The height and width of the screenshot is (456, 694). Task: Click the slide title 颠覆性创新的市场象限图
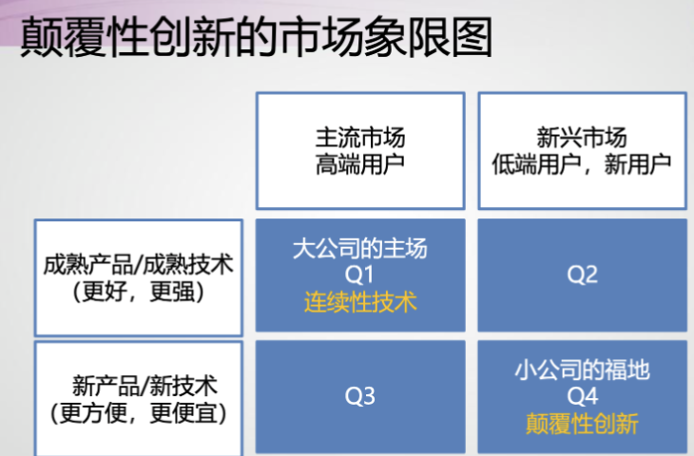tap(257, 37)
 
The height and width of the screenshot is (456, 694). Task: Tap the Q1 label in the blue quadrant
tap(359, 275)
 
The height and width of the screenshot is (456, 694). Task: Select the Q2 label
tap(583, 275)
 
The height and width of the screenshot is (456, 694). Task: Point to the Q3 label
tap(360, 396)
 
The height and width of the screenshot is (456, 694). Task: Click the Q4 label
tap(583, 396)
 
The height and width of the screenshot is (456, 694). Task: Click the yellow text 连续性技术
tap(360, 302)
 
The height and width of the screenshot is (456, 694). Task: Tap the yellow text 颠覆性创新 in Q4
tap(582, 424)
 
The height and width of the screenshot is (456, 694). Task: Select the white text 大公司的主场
tap(360, 248)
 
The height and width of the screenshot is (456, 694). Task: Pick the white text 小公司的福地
tap(583, 370)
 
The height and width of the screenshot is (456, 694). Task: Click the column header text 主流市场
tap(360, 138)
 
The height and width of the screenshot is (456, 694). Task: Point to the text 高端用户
tap(360, 164)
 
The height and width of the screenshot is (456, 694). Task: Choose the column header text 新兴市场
tap(582, 138)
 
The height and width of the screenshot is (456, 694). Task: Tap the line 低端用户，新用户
tap(582, 164)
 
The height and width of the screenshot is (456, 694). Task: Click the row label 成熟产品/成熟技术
tap(139, 264)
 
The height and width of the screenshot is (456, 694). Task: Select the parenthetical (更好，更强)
tap(139, 292)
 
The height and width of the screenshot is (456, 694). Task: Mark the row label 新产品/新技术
tap(145, 386)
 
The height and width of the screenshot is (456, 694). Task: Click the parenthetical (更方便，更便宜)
tap(139, 413)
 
